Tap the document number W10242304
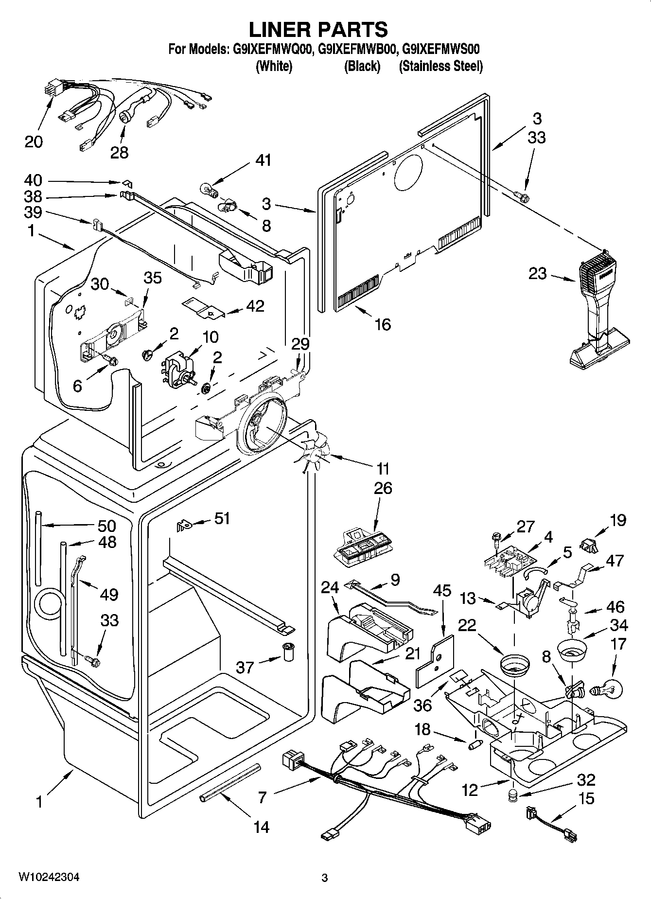pos(49,877)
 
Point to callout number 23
pos(538,273)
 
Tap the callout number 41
pos(264,160)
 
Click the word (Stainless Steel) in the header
pos(440,67)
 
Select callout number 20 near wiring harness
pos(34,141)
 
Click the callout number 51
pos(222,519)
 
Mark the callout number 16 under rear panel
pos(383,324)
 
